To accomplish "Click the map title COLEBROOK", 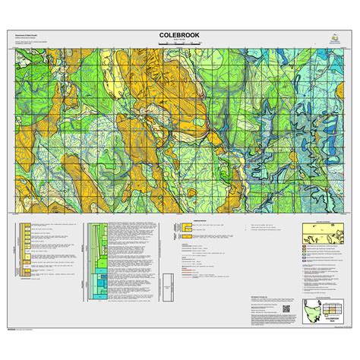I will point(179,35).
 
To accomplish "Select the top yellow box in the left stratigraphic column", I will point(28,226).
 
